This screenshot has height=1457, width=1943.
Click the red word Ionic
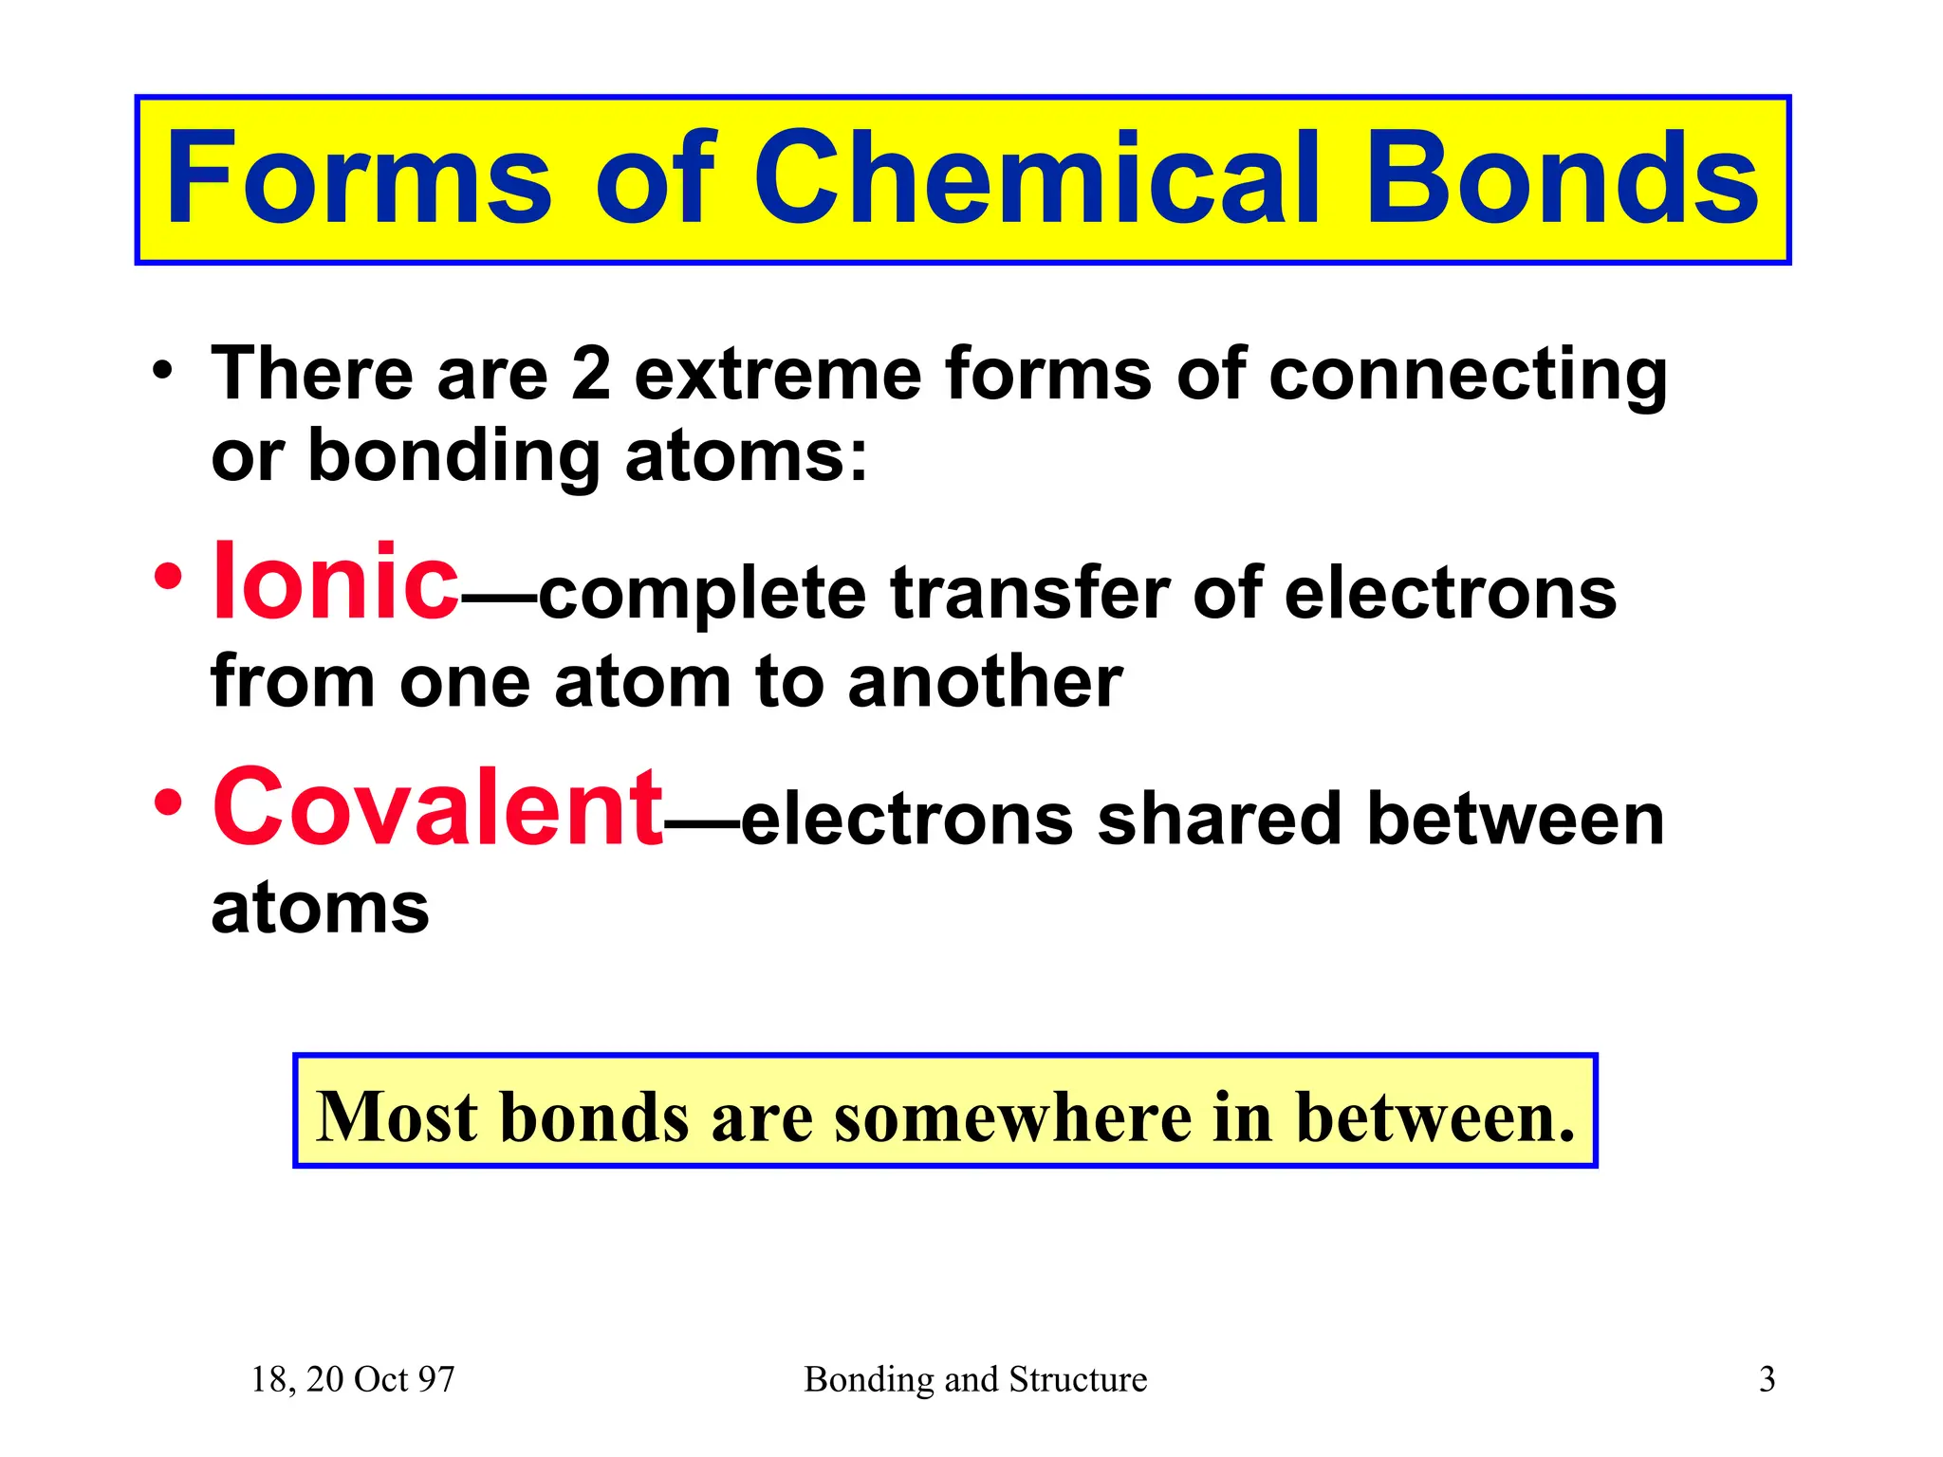click(335, 581)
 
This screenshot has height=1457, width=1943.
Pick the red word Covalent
click(437, 808)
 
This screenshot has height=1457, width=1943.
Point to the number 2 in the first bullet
click(590, 374)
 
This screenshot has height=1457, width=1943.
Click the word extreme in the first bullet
click(777, 374)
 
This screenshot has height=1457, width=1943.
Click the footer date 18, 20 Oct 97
click(352, 1379)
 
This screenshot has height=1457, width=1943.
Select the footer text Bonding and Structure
click(974, 1379)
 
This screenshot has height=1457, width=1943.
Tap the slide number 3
click(1767, 1379)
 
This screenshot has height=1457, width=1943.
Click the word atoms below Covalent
click(320, 909)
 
